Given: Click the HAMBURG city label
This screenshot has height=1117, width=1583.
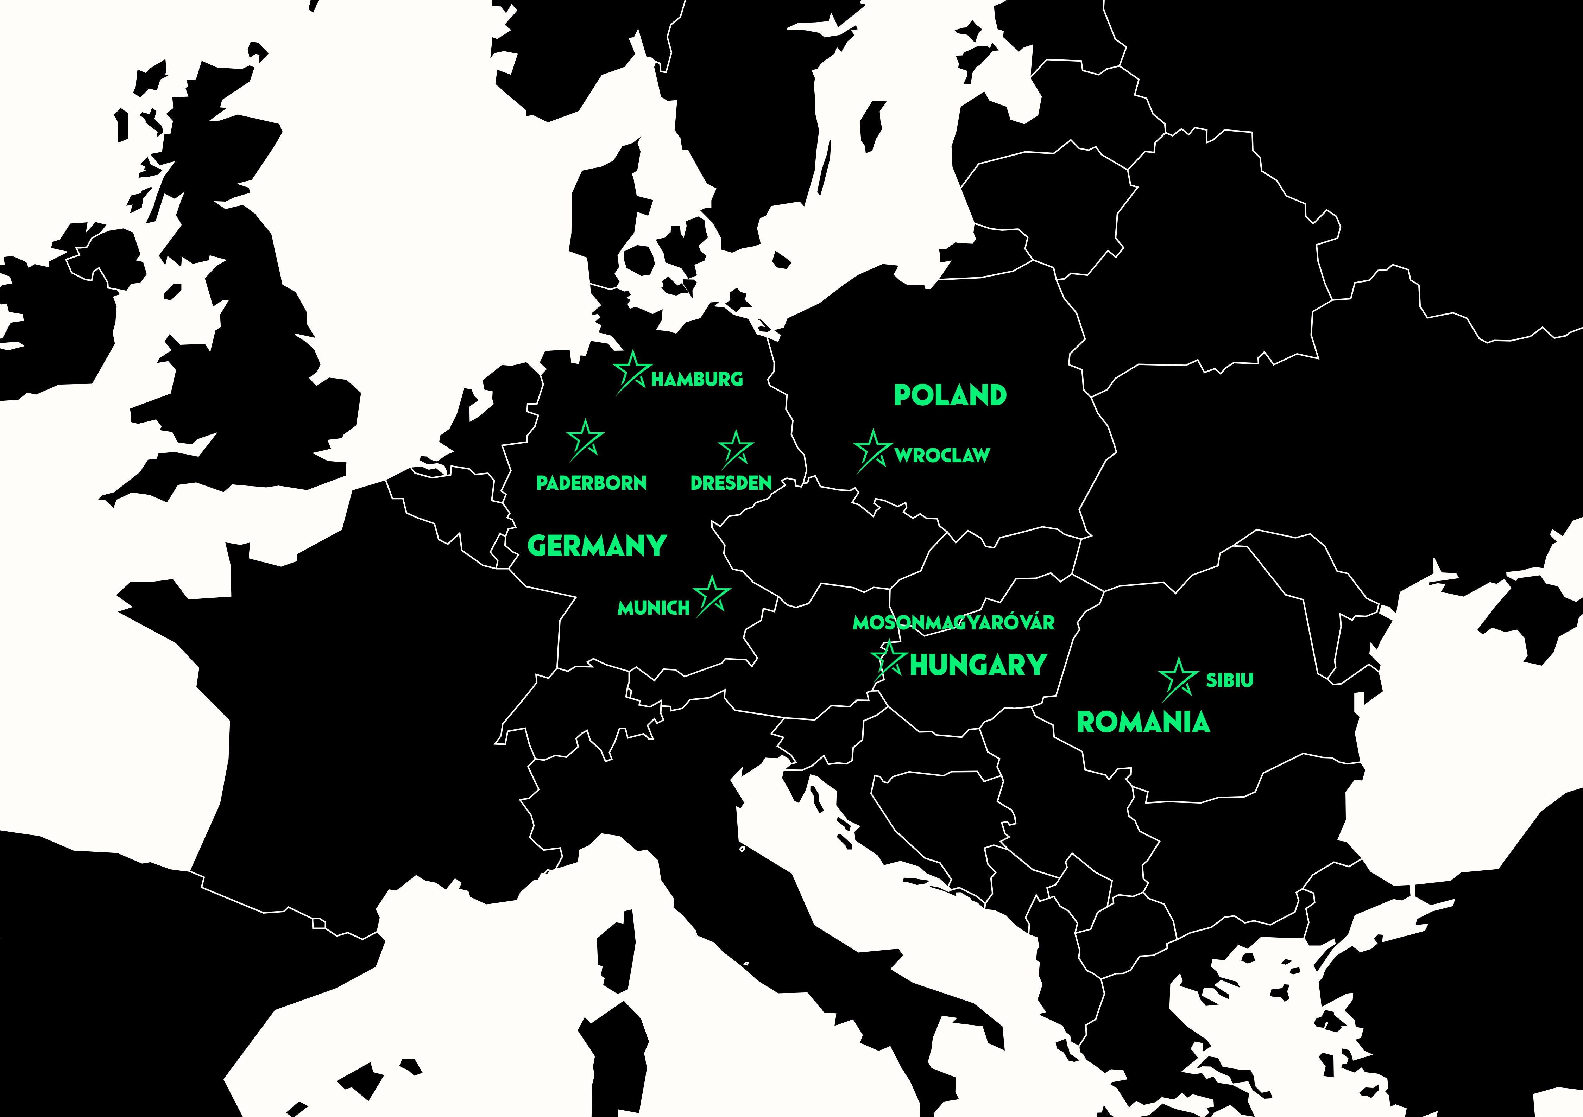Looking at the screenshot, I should (697, 379).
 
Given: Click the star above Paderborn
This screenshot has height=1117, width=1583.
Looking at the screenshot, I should (585, 439).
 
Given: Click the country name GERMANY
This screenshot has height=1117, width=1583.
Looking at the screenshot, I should (597, 546).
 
